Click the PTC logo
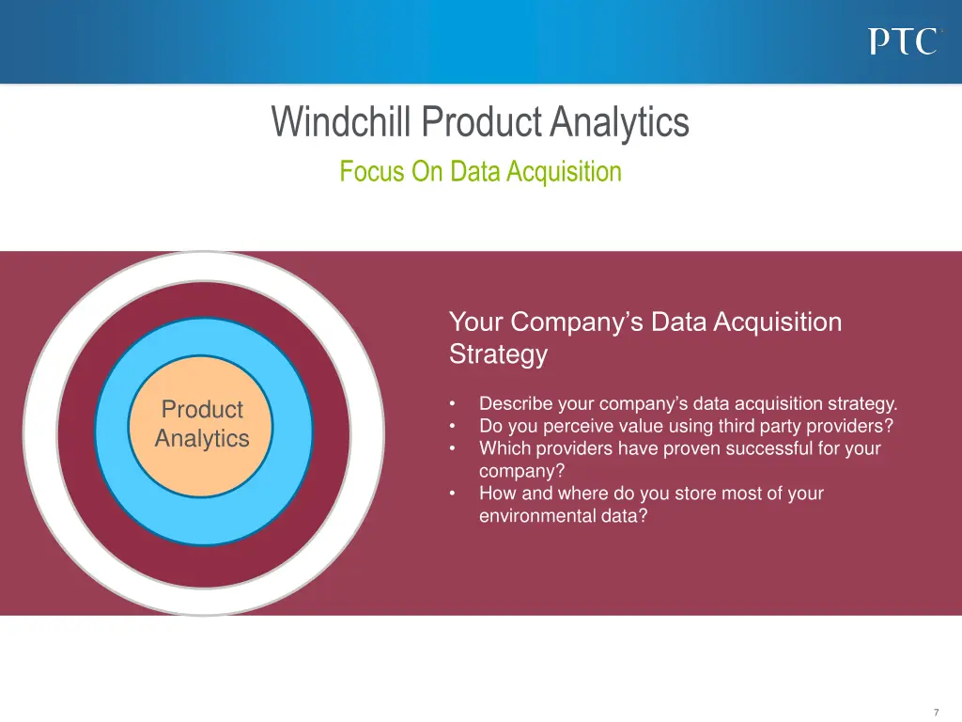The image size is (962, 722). coord(903,42)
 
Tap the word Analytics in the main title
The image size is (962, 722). coord(620,122)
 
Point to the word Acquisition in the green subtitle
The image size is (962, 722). coord(564,172)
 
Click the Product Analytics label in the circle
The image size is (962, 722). coord(202,424)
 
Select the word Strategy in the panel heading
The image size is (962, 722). coord(497,355)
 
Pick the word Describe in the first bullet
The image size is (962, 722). coord(515,404)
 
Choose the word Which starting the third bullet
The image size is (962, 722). coord(504,448)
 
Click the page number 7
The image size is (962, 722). coord(936,712)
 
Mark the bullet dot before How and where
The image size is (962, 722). coord(453,494)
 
